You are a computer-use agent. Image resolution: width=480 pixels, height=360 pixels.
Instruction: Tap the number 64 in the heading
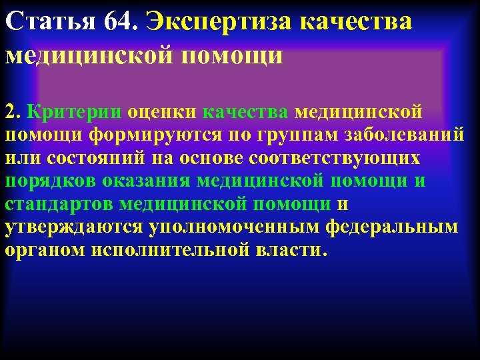coord(119,23)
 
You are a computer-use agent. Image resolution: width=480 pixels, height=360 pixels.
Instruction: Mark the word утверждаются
coord(73,227)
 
